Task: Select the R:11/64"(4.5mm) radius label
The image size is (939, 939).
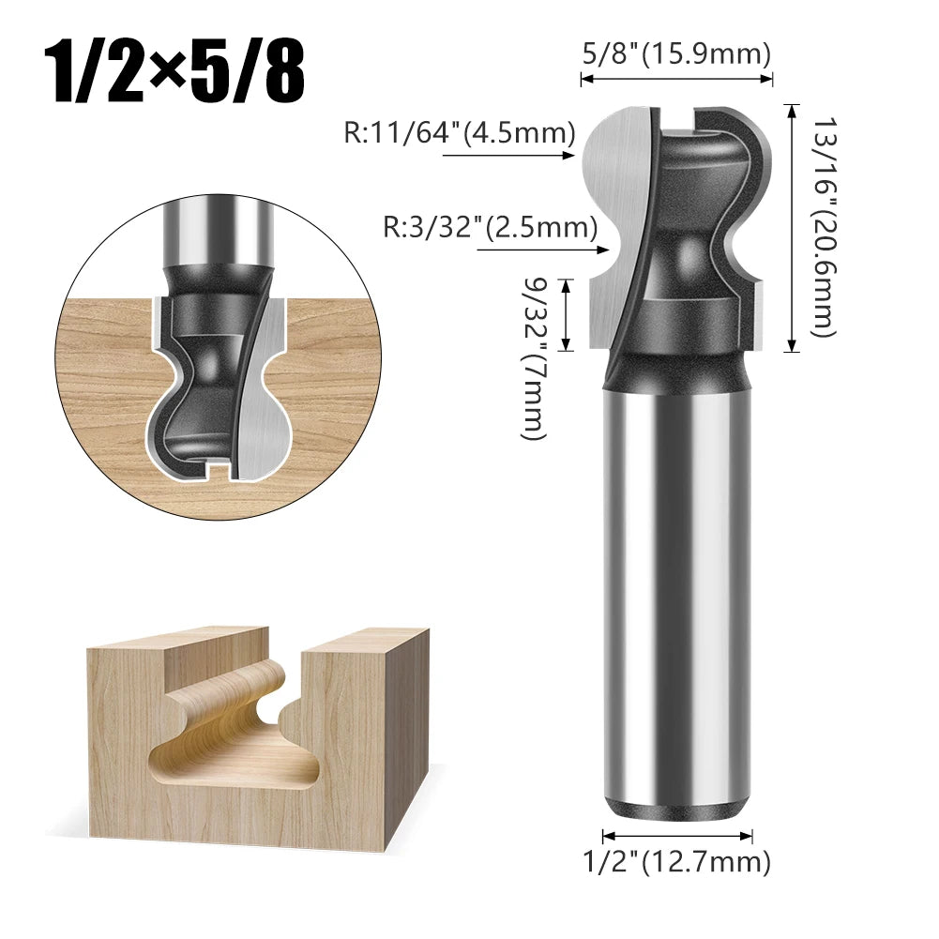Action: click(459, 133)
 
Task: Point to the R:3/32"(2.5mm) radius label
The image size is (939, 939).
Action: click(490, 227)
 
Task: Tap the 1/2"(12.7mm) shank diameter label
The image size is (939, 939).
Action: click(676, 860)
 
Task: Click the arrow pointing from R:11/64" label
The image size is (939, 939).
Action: click(507, 158)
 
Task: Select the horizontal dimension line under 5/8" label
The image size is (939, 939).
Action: click(676, 80)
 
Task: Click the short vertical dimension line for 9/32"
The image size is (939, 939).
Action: click(565, 314)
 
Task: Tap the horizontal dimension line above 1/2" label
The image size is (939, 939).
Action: click(676, 833)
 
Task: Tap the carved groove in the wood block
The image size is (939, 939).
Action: click(235, 741)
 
